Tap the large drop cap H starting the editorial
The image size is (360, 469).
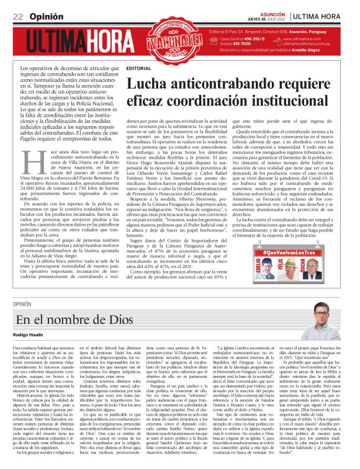(29, 163)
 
